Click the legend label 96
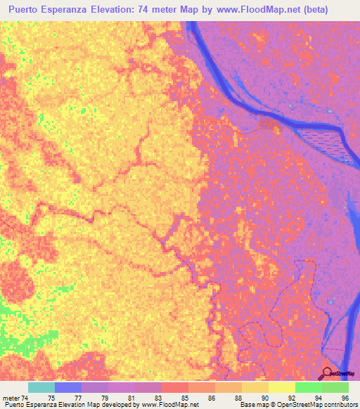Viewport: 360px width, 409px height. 345,398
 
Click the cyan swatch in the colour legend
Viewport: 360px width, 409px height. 41,387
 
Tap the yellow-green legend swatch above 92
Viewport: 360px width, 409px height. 281,387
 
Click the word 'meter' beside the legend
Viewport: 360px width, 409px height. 12,398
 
